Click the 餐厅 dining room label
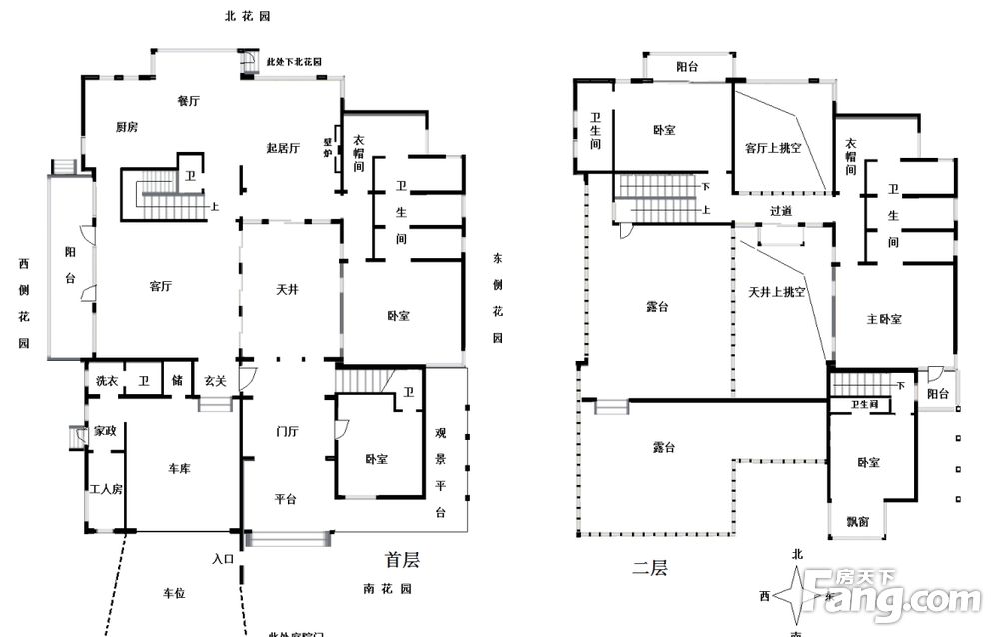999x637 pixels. [x=188, y=101]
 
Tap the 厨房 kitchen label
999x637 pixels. [x=127, y=127]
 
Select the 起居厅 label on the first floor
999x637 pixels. [x=283, y=148]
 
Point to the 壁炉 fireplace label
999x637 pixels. [x=327, y=147]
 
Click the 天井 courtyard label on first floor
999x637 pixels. [x=288, y=290]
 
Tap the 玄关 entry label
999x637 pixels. [x=214, y=381]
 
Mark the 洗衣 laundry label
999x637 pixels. [x=107, y=381]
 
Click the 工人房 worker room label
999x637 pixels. [x=106, y=490]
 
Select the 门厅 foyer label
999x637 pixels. [x=288, y=432]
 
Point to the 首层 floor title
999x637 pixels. [x=402, y=559]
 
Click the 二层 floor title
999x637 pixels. [x=649, y=569]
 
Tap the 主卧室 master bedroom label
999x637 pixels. [x=884, y=319]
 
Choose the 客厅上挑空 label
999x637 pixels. [x=773, y=148]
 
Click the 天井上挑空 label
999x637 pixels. [x=776, y=292]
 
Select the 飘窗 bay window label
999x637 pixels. [x=858, y=521]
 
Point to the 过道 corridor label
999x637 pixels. [x=781, y=211]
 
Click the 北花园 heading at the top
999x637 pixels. [x=246, y=17]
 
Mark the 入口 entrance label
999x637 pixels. [x=223, y=559]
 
